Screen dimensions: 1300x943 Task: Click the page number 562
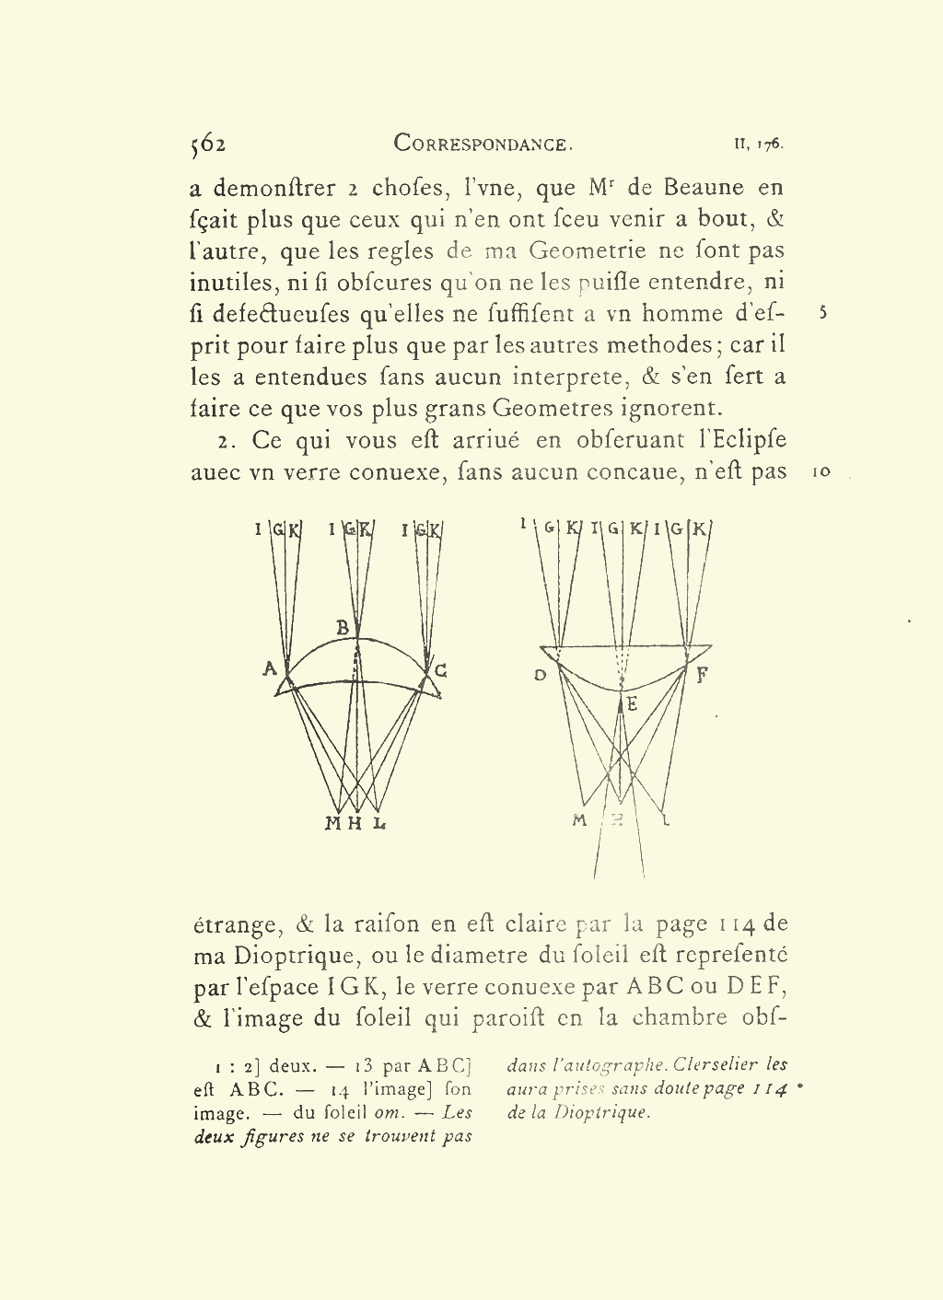click(208, 144)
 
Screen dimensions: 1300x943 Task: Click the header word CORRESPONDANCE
click(483, 144)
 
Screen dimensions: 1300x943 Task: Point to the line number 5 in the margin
click(822, 313)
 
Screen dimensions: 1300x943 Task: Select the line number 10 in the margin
click(821, 472)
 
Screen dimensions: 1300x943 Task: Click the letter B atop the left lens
click(343, 628)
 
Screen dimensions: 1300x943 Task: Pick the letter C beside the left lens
click(441, 670)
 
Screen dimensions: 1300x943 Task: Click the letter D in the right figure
click(541, 675)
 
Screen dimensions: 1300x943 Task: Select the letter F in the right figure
click(703, 675)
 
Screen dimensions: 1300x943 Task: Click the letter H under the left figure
click(355, 823)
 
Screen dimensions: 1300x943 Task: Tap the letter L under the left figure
click(378, 823)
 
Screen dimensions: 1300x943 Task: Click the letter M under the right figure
click(579, 820)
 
